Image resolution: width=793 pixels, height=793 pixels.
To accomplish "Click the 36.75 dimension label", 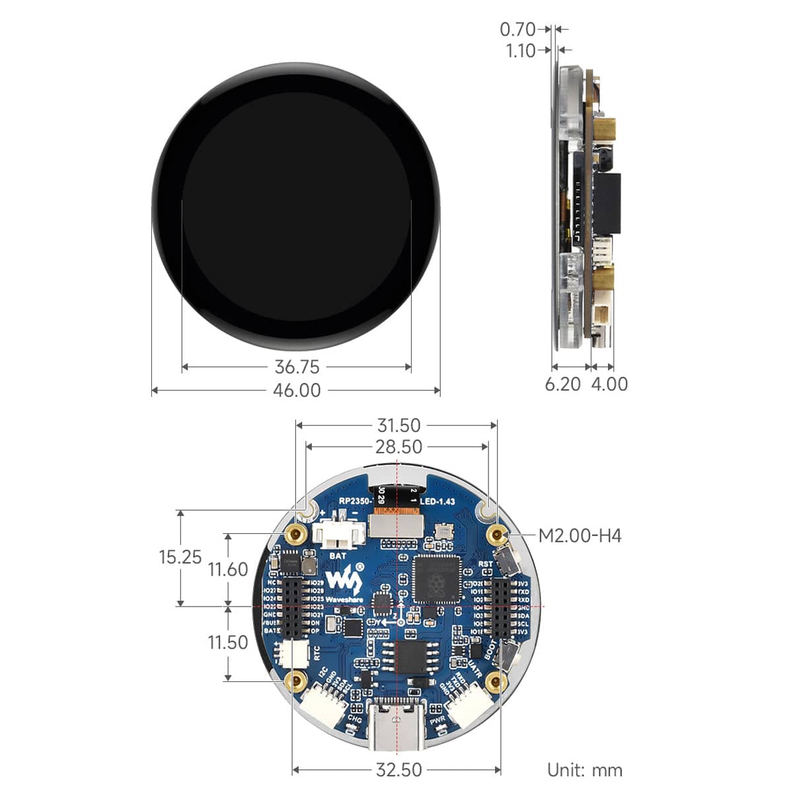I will tap(297, 366).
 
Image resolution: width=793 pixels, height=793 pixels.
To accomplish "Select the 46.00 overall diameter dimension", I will tap(297, 391).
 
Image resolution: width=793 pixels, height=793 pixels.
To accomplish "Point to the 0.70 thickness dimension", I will tap(517, 29).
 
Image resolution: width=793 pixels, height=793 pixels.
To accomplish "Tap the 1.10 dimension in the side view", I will tap(521, 51).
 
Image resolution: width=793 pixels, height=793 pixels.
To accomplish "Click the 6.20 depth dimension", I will tap(563, 384).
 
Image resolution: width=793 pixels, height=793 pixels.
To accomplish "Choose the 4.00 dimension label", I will tap(609, 384).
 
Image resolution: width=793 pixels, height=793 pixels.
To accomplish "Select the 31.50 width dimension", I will tap(398, 426).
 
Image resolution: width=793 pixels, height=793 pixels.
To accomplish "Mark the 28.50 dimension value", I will tap(398, 447).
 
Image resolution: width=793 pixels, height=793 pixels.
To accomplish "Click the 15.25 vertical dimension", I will tap(180, 557).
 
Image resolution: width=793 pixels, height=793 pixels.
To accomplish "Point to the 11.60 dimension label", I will tap(228, 569).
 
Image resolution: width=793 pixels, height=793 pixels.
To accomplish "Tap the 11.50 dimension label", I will tap(228, 642).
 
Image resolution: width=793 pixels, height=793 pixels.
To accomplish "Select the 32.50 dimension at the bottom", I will tap(398, 770).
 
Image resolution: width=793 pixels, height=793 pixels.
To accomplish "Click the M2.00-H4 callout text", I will tap(580, 535).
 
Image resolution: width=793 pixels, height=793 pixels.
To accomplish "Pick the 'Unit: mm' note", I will tap(584, 770).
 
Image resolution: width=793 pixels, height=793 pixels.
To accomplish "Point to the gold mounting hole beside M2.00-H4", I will tap(496, 534).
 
